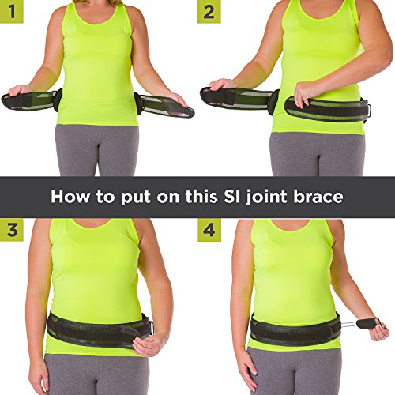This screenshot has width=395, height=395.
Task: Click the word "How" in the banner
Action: (x=69, y=195)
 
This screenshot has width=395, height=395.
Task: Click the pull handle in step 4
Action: (x=371, y=324)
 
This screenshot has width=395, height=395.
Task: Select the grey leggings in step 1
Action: (x=99, y=150)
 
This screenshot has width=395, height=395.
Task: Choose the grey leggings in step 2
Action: (x=312, y=154)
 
